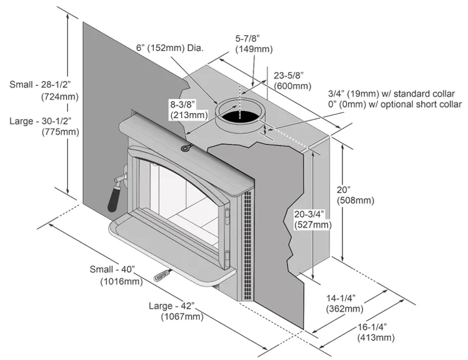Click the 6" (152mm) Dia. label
tap(170, 48)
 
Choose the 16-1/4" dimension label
tap(375, 327)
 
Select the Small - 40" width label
tap(112, 270)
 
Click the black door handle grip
tap(114, 197)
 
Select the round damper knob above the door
tap(185, 148)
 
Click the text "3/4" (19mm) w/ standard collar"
tap(391, 93)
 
